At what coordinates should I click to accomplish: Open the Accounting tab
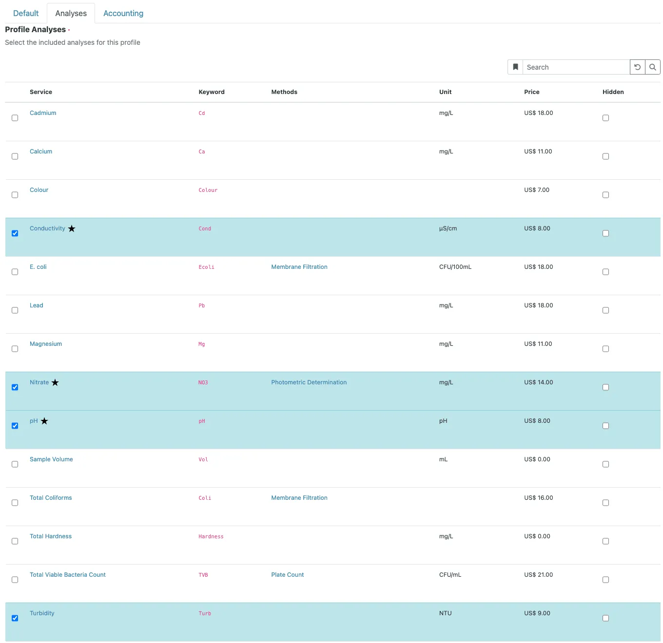[123, 13]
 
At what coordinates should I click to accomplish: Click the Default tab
[25, 13]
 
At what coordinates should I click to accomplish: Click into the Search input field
[575, 67]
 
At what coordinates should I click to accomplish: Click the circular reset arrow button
[637, 67]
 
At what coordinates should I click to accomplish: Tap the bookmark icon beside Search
[515, 67]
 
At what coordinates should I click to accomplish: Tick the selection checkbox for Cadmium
[15, 118]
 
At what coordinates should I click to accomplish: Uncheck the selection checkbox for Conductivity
[15, 233]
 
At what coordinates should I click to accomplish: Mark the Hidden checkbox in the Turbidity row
[605, 618]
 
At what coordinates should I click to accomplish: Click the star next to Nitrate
[55, 382]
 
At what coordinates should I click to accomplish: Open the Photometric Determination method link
[309, 382]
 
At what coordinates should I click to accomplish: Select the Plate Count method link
[287, 574]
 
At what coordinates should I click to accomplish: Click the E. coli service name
[38, 266]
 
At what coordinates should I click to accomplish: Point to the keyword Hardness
[211, 536]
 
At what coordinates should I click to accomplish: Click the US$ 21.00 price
[538, 574]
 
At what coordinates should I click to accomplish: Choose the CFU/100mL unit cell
[455, 266]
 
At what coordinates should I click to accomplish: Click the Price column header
[531, 92]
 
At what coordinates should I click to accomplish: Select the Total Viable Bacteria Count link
[67, 574]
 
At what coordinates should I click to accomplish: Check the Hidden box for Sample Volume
[605, 464]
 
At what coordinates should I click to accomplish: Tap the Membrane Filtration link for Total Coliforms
[299, 497]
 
